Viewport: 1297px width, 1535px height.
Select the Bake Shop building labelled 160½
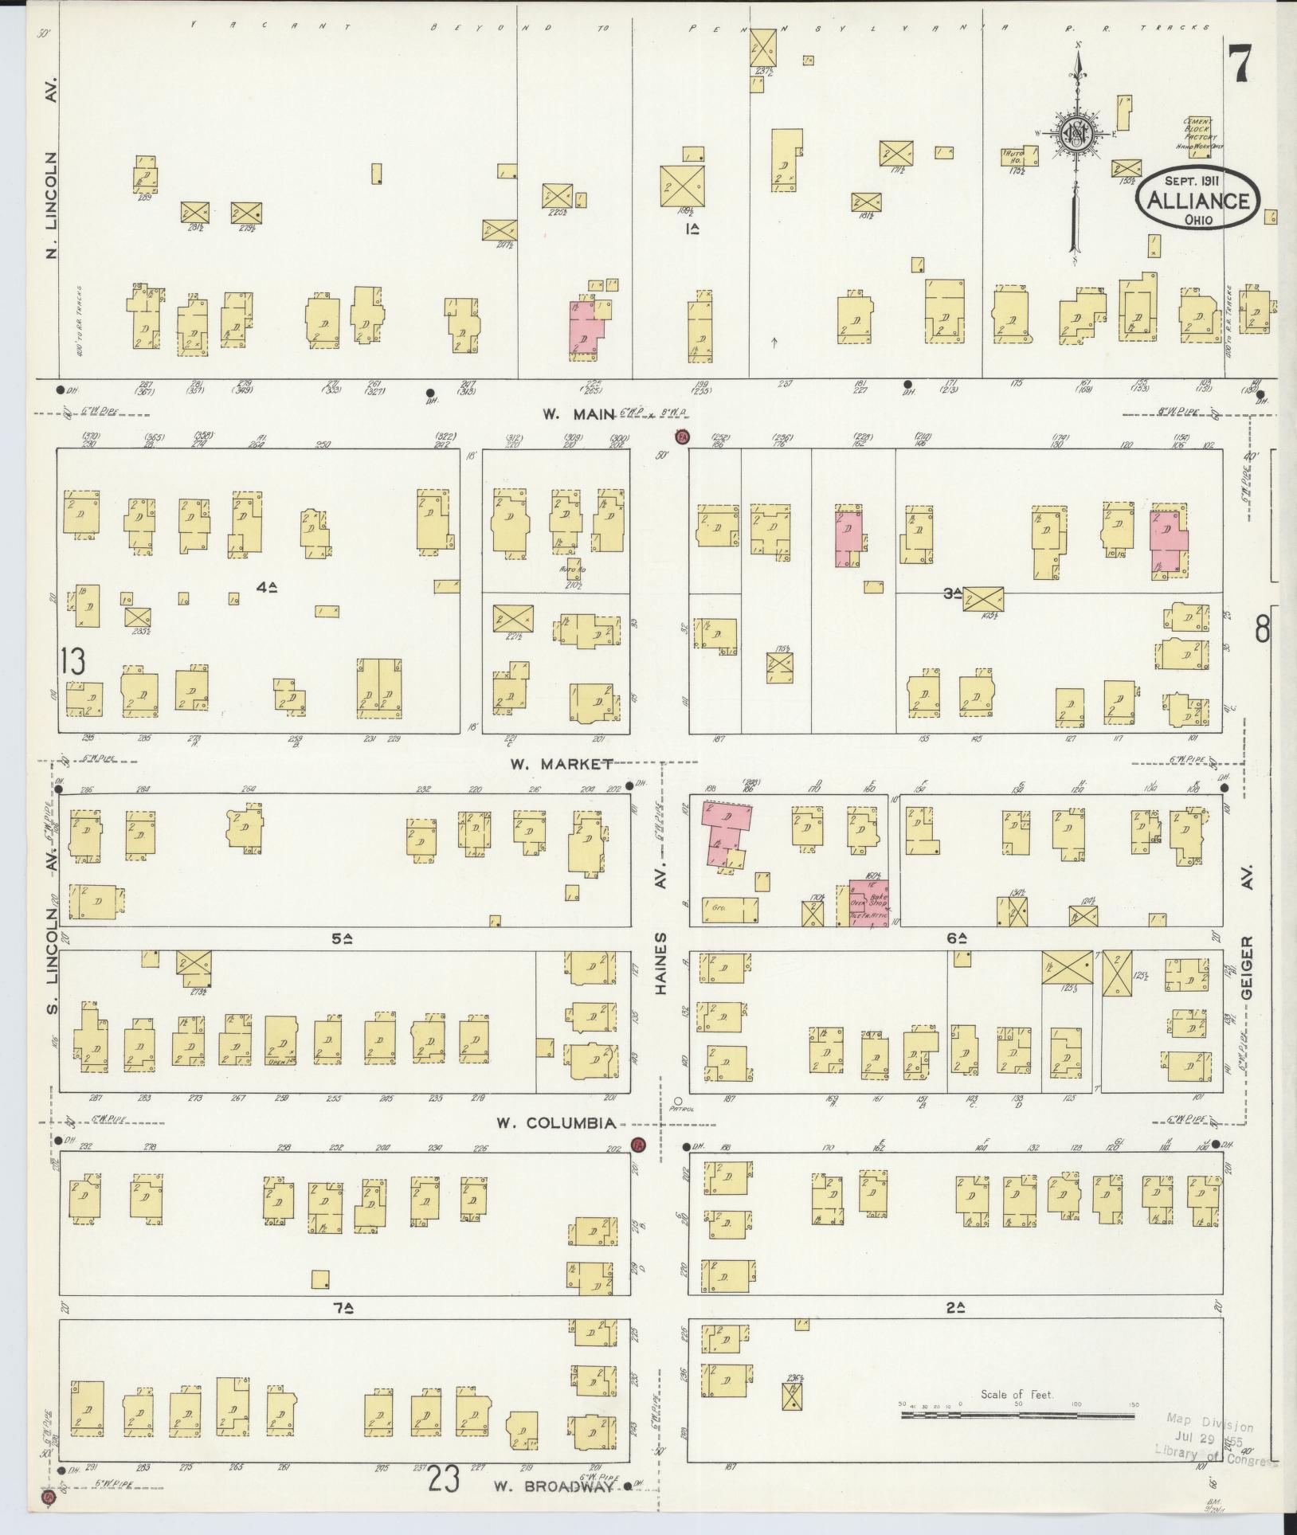(x=868, y=903)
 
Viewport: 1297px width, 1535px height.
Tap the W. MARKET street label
(x=561, y=764)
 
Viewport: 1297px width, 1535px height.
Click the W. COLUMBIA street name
(x=555, y=1123)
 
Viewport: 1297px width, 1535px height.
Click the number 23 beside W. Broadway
(x=445, y=1481)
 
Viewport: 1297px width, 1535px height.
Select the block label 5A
(x=343, y=938)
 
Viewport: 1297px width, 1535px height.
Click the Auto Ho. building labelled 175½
(x=1014, y=155)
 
